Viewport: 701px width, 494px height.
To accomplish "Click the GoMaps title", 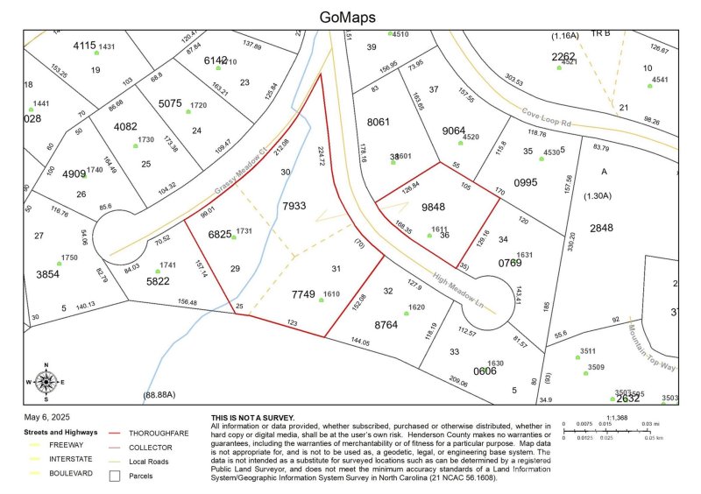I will click(x=349, y=17).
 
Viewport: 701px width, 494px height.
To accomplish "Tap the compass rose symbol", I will click(x=46, y=381).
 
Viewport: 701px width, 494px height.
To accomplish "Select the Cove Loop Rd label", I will click(x=546, y=116).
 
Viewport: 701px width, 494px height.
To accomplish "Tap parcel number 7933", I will click(x=294, y=206).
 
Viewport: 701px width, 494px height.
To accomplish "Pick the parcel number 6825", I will click(x=220, y=235).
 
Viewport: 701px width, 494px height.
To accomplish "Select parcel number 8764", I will click(x=386, y=325).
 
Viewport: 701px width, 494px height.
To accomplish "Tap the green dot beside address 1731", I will click(x=233, y=236).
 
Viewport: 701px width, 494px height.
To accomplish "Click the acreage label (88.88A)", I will click(x=159, y=395).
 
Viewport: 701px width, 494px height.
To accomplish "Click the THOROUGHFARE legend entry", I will click(x=157, y=434).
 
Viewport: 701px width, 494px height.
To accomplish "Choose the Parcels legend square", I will click(x=114, y=476).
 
